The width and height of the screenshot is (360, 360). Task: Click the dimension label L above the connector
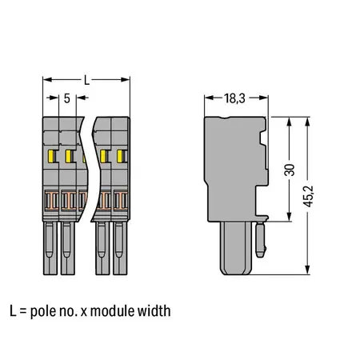click(86, 80)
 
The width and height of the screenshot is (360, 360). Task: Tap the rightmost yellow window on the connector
click(122, 155)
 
